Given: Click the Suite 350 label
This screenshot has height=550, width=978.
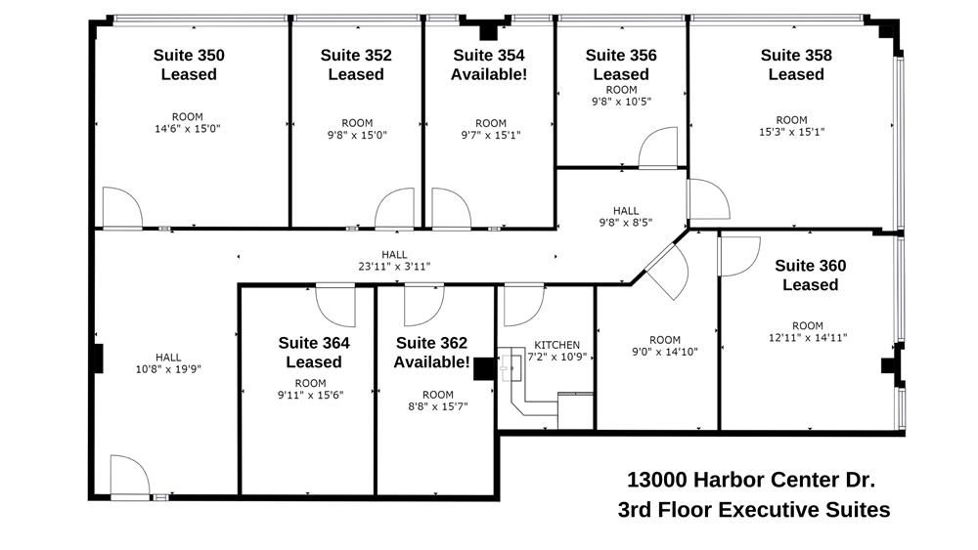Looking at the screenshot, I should pyautogui.click(x=189, y=64).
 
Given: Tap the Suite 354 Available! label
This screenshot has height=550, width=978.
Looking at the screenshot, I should pyautogui.click(x=488, y=64).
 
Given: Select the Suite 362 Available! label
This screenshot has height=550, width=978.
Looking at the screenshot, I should pyautogui.click(x=431, y=353).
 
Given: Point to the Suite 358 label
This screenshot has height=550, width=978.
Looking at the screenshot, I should pyautogui.click(x=796, y=64).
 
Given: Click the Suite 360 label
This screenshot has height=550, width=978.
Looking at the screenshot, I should pyautogui.click(x=810, y=275).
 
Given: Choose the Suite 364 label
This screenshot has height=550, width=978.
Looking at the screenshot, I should pyautogui.click(x=313, y=353).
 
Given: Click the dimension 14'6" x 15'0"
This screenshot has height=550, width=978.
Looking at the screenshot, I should pyautogui.click(x=187, y=129).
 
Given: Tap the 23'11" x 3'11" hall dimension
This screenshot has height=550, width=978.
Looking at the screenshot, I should pyautogui.click(x=394, y=266).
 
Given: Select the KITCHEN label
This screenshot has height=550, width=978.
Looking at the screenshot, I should pyautogui.click(x=556, y=345).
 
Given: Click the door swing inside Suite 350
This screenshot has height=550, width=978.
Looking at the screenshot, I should pyautogui.click(x=120, y=208).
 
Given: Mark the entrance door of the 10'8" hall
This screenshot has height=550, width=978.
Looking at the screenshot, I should pyautogui.click(x=128, y=477).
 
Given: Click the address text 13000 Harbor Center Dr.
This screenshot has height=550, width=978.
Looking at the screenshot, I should pyautogui.click(x=750, y=480).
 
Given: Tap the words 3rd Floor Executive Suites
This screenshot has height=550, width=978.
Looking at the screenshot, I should pyautogui.click(x=753, y=510).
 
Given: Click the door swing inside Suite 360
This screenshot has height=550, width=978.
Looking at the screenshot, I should pyautogui.click(x=737, y=255).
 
